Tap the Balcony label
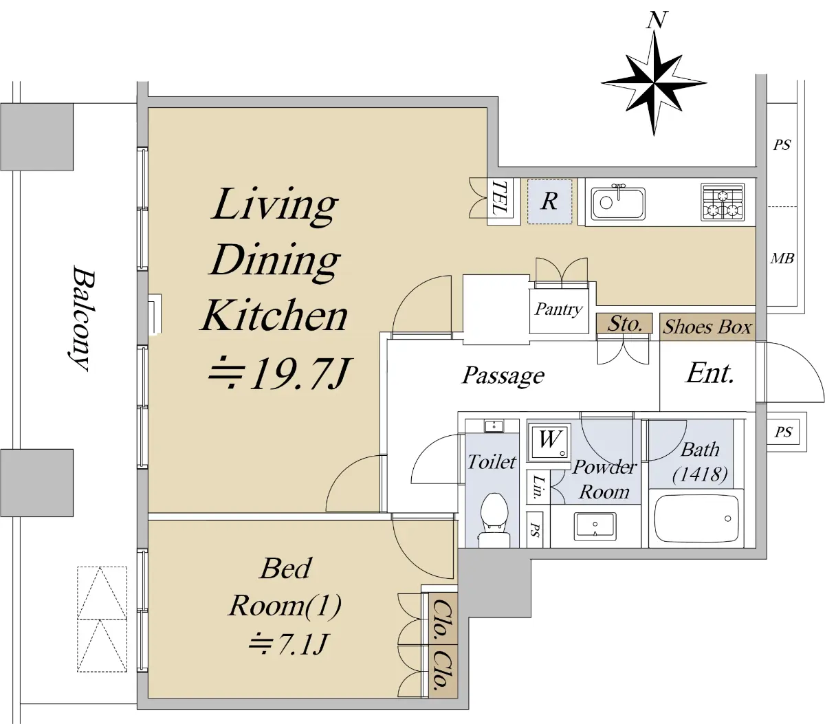(x=82, y=318)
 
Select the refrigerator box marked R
(x=550, y=201)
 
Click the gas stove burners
(x=723, y=202)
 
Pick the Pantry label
(x=558, y=310)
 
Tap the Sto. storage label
(x=625, y=324)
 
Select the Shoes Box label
(x=707, y=327)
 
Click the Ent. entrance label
(x=710, y=373)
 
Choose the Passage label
(x=503, y=375)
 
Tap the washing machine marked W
(x=549, y=442)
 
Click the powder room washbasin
(x=595, y=526)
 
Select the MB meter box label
(x=782, y=258)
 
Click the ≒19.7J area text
(x=280, y=373)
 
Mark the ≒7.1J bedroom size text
(x=288, y=644)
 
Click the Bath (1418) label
(x=700, y=462)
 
